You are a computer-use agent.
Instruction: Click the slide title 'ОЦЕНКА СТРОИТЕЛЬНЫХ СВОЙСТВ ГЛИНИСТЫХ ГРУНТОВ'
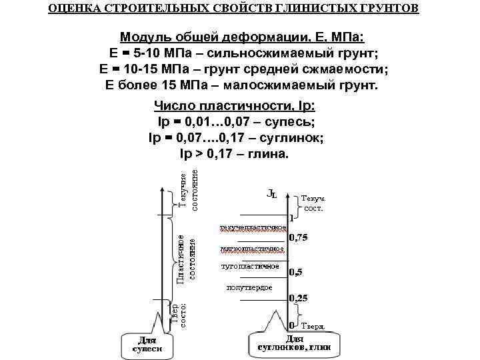click(234, 9)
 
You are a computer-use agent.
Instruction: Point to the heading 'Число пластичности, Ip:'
click(234, 106)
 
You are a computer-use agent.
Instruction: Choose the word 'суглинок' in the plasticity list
click(293, 138)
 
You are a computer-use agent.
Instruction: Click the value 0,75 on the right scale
click(298, 239)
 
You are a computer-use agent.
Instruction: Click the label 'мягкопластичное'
click(251, 249)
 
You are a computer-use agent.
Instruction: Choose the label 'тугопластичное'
click(249, 267)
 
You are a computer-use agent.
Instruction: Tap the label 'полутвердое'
click(249, 287)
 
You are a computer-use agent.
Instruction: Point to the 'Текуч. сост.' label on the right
click(313, 203)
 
